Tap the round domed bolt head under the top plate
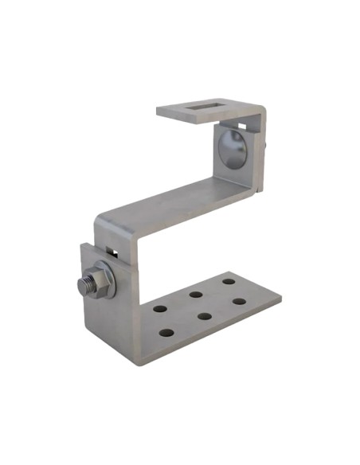(x=233, y=149)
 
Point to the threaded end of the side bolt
(x=82, y=283)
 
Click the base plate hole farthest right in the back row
(x=229, y=281)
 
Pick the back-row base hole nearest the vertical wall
(x=159, y=308)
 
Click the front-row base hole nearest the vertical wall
(x=166, y=331)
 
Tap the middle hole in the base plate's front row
(x=204, y=315)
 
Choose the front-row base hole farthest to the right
(x=238, y=301)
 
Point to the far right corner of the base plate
(x=280, y=297)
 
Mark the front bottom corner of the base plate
(x=143, y=363)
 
